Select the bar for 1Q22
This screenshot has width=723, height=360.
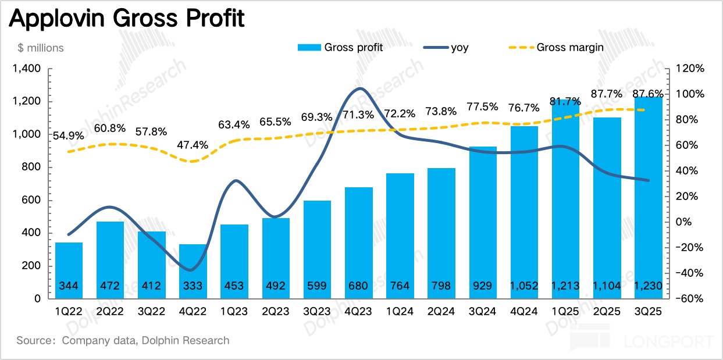click(x=69, y=270)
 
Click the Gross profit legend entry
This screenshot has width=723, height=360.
click(x=340, y=48)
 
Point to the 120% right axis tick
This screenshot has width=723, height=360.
click(x=690, y=69)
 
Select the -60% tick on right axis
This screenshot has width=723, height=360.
click(x=690, y=299)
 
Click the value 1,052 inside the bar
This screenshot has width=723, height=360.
click(x=525, y=286)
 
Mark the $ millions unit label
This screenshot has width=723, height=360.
click(x=41, y=48)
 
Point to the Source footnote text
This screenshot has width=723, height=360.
click(x=123, y=341)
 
